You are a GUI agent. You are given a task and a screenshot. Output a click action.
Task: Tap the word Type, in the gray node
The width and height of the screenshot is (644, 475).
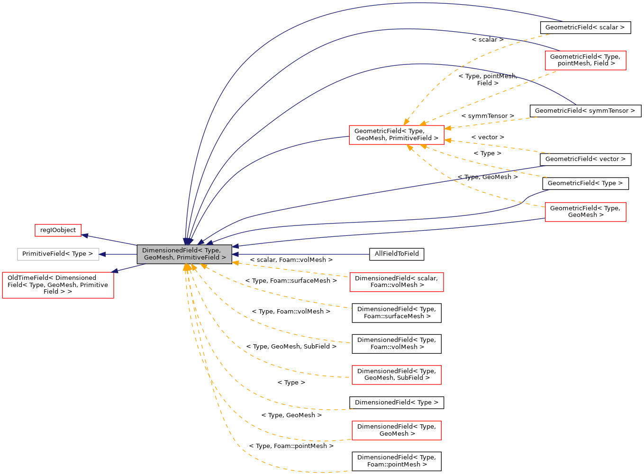(212, 250)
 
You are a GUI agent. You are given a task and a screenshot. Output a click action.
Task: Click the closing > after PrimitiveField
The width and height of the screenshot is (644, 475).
(224, 258)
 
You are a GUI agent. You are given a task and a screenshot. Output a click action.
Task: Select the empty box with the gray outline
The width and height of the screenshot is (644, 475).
(58, 254)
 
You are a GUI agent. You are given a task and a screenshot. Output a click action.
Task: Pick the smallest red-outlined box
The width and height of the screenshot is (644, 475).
(58, 230)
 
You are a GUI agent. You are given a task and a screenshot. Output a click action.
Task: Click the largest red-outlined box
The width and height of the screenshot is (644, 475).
(58, 285)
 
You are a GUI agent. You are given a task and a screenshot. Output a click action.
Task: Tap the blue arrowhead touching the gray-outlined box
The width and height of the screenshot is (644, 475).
(102, 254)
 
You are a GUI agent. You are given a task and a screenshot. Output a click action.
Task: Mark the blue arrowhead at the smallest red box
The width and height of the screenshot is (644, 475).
(84, 235)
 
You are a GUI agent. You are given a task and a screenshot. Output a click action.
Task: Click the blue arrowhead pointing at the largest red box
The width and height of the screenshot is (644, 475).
(114, 271)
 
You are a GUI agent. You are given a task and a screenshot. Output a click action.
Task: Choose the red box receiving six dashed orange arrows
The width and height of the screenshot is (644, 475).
(396, 135)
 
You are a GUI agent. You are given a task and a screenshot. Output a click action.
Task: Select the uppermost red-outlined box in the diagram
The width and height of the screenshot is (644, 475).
(585, 61)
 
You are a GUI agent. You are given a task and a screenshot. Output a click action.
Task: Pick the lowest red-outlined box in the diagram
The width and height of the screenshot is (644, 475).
(396, 430)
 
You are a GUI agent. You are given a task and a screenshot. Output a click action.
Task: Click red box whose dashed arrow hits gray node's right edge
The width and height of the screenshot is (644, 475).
(396, 282)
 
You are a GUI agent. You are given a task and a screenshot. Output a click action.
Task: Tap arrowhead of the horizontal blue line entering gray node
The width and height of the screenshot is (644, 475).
(235, 254)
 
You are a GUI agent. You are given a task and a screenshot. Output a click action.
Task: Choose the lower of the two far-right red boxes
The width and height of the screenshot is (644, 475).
(585, 212)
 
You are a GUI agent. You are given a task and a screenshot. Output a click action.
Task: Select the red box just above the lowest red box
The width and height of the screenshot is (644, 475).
(396, 375)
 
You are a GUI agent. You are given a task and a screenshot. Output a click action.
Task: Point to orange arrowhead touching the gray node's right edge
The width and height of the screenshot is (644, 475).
(235, 263)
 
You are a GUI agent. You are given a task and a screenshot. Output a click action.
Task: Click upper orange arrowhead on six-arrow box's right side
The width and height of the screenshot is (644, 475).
(447, 128)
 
